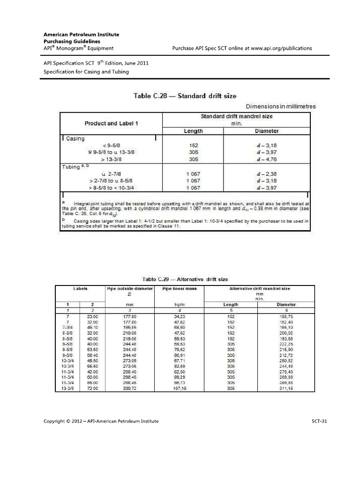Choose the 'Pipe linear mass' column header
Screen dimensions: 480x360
pos(180,289)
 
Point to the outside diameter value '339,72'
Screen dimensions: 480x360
pos(129,389)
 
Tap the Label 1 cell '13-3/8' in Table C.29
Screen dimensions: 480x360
pos(68,389)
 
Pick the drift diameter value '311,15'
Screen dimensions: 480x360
pos(286,389)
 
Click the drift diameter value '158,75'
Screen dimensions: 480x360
pos(286,317)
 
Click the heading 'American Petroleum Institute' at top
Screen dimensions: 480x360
pos(81,34)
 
